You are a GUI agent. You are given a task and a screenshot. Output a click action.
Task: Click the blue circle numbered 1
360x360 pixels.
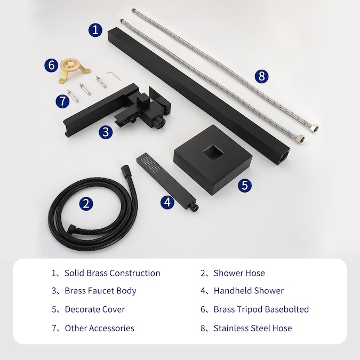95,30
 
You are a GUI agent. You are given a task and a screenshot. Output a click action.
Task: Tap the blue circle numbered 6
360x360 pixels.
51,65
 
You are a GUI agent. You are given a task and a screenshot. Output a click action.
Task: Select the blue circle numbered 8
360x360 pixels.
261,76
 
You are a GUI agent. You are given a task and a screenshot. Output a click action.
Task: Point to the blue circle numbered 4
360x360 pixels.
167,202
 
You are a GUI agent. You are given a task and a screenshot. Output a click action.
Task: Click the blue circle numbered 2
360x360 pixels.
86,204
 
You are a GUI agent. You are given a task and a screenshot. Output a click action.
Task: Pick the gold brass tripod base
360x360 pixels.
74,70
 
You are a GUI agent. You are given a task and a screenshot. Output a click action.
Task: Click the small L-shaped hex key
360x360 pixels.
113,75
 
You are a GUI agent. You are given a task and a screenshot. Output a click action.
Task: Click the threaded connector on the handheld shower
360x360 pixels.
195,207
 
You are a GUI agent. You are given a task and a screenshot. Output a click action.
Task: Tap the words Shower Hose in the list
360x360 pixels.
239,273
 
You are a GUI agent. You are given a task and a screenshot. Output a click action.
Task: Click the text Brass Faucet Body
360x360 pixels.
100,291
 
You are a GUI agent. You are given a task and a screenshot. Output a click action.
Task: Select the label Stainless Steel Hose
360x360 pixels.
253,329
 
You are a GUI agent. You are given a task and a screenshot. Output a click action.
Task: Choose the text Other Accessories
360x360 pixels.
99,329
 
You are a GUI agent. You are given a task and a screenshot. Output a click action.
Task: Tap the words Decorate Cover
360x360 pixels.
95,309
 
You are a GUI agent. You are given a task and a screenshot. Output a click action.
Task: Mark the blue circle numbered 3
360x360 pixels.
106,132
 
